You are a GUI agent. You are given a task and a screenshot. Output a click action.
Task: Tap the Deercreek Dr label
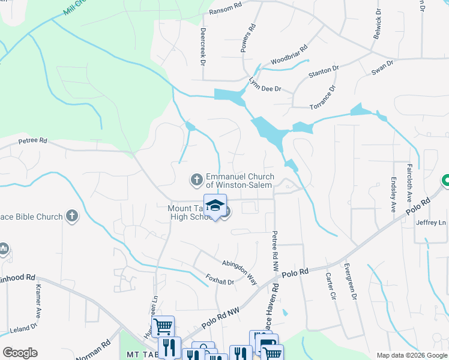[x=203, y=47]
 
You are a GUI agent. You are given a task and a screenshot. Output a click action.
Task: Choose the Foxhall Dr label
[x=220, y=280]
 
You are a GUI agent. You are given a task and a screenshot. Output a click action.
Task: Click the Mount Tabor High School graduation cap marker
[x=215, y=206]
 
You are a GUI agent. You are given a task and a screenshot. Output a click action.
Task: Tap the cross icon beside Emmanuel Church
[x=196, y=179]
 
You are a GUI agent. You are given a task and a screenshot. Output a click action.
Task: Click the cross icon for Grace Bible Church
[x=71, y=216]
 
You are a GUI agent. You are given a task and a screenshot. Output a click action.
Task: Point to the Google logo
[x=20, y=352]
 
